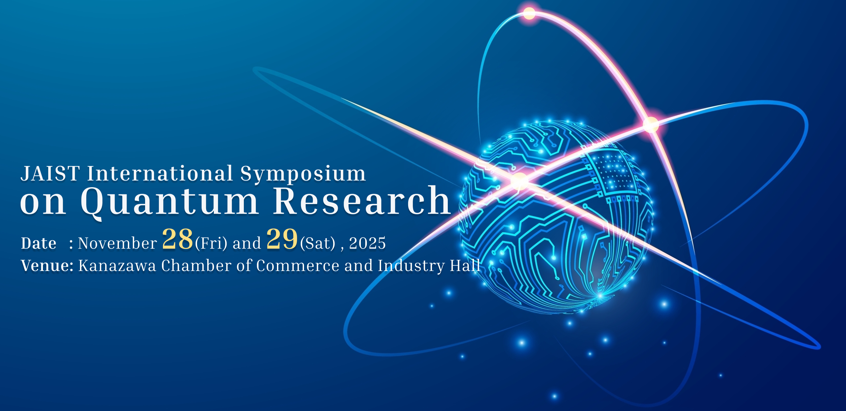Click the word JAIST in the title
tap(50, 174)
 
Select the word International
tap(160, 174)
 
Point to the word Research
tap(362, 200)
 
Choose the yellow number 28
tap(177, 239)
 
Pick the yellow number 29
tap(282, 239)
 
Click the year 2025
tap(367, 243)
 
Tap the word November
tap(118, 243)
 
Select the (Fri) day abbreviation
tap(211, 244)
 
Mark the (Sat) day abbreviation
tap(318, 244)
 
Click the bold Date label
tap(39, 243)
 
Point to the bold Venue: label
tap(47, 265)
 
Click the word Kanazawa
tap(117, 266)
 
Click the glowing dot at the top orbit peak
tap(529, 14)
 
